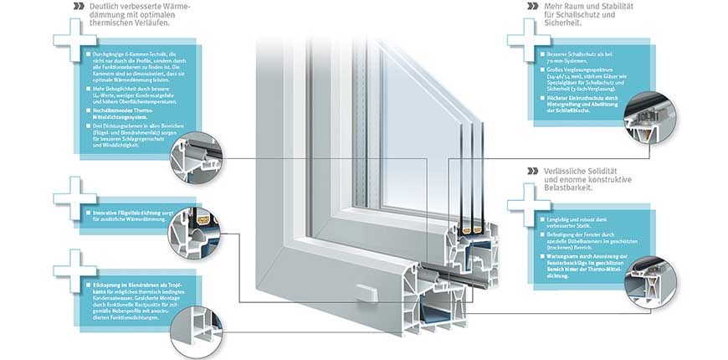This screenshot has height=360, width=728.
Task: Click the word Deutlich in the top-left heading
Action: [x=104, y=8]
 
